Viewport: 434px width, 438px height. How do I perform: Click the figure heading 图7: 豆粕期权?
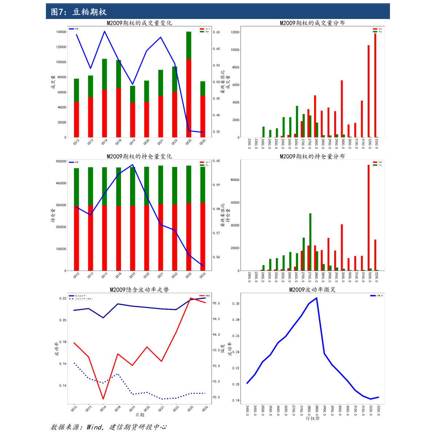pyautogui.click(x=79, y=12)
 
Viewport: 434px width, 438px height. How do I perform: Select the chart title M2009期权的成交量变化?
pyautogui.click(x=139, y=23)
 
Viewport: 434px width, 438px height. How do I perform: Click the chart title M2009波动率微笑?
pyautogui.click(x=312, y=290)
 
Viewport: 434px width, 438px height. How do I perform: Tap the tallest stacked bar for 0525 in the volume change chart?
pyautogui.click(x=189, y=88)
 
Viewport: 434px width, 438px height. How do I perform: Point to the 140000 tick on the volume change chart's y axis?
pyautogui.click(x=61, y=32)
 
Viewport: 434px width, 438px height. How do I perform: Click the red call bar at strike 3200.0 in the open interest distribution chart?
pyautogui.click(x=369, y=219)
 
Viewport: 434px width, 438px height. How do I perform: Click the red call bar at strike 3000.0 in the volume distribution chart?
pyautogui.click(x=342, y=109)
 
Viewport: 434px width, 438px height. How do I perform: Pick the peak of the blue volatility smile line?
pyautogui.click(x=316, y=298)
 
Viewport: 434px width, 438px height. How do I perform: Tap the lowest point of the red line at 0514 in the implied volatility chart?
pyautogui.click(x=103, y=399)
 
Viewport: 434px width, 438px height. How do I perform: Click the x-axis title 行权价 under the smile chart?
pyautogui.click(x=313, y=418)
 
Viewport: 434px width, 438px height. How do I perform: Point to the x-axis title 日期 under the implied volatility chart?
pyautogui.click(x=140, y=415)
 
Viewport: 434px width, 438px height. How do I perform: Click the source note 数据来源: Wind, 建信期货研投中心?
pyautogui.click(x=109, y=427)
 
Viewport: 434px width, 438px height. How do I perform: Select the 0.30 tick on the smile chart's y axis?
pyautogui.click(x=236, y=303)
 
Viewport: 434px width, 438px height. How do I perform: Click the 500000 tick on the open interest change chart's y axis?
pyautogui.click(x=61, y=161)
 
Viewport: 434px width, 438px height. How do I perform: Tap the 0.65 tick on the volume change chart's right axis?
pyautogui.click(x=216, y=32)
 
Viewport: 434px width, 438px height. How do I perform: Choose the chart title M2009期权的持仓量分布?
pyautogui.click(x=312, y=156)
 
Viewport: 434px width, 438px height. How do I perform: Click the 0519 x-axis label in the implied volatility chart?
pyautogui.click(x=132, y=409)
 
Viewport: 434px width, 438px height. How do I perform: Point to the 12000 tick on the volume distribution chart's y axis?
pyautogui.click(x=235, y=32)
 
